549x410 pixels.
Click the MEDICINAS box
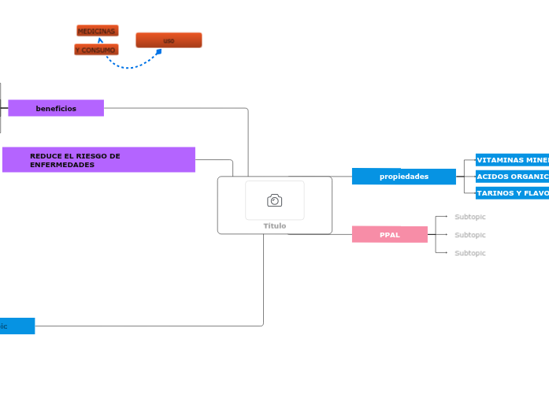(x=97, y=31)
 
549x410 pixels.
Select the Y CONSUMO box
(x=96, y=50)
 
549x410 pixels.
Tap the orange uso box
(x=169, y=40)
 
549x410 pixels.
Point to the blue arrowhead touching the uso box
(x=158, y=52)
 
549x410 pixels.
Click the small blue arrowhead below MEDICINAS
(x=100, y=40)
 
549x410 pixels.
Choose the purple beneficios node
(x=56, y=108)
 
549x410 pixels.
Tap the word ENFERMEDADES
(x=62, y=165)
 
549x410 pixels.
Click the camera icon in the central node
(x=274, y=200)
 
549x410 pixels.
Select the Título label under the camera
(x=275, y=225)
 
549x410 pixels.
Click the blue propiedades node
(x=403, y=177)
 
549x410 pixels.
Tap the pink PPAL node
(x=390, y=235)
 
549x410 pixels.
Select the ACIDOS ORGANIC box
(x=512, y=177)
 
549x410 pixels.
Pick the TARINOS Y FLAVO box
(x=512, y=193)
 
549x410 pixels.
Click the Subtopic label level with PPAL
(x=470, y=235)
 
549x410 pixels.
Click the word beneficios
(x=56, y=108)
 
